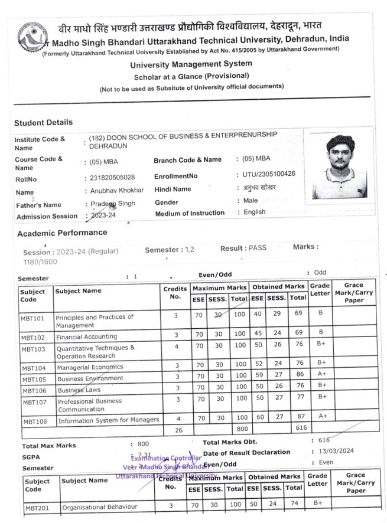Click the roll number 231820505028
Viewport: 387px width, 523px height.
(x=113, y=178)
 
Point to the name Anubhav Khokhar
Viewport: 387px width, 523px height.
(x=117, y=192)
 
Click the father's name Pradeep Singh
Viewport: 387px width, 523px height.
(x=113, y=204)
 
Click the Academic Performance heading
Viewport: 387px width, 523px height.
(x=62, y=233)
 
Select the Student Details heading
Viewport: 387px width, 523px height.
(x=44, y=123)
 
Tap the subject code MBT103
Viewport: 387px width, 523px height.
(x=34, y=349)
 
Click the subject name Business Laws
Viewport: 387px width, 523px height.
(x=79, y=390)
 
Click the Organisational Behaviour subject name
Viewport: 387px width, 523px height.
(x=99, y=506)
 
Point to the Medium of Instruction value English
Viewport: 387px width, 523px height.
(x=255, y=212)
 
